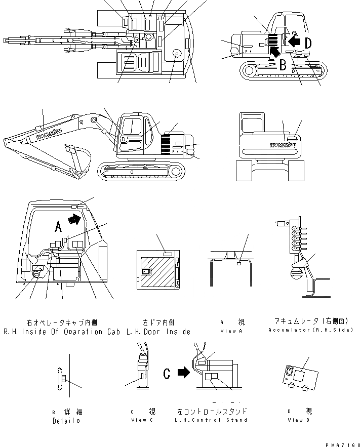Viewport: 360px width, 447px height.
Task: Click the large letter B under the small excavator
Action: click(283, 64)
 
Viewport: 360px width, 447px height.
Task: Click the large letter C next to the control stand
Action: click(167, 374)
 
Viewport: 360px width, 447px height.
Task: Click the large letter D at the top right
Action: click(308, 43)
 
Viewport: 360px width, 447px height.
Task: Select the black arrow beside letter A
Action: click(74, 219)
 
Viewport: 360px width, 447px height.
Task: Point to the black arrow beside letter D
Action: click(293, 40)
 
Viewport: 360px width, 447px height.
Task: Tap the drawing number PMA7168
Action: click(340, 443)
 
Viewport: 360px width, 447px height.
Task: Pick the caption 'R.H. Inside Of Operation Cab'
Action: click(61, 332)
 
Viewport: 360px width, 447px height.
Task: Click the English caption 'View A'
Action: click(232, 331)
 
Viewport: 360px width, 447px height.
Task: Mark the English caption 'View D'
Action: click(295, 420)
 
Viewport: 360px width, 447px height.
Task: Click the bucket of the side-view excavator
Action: click(77, 156)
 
